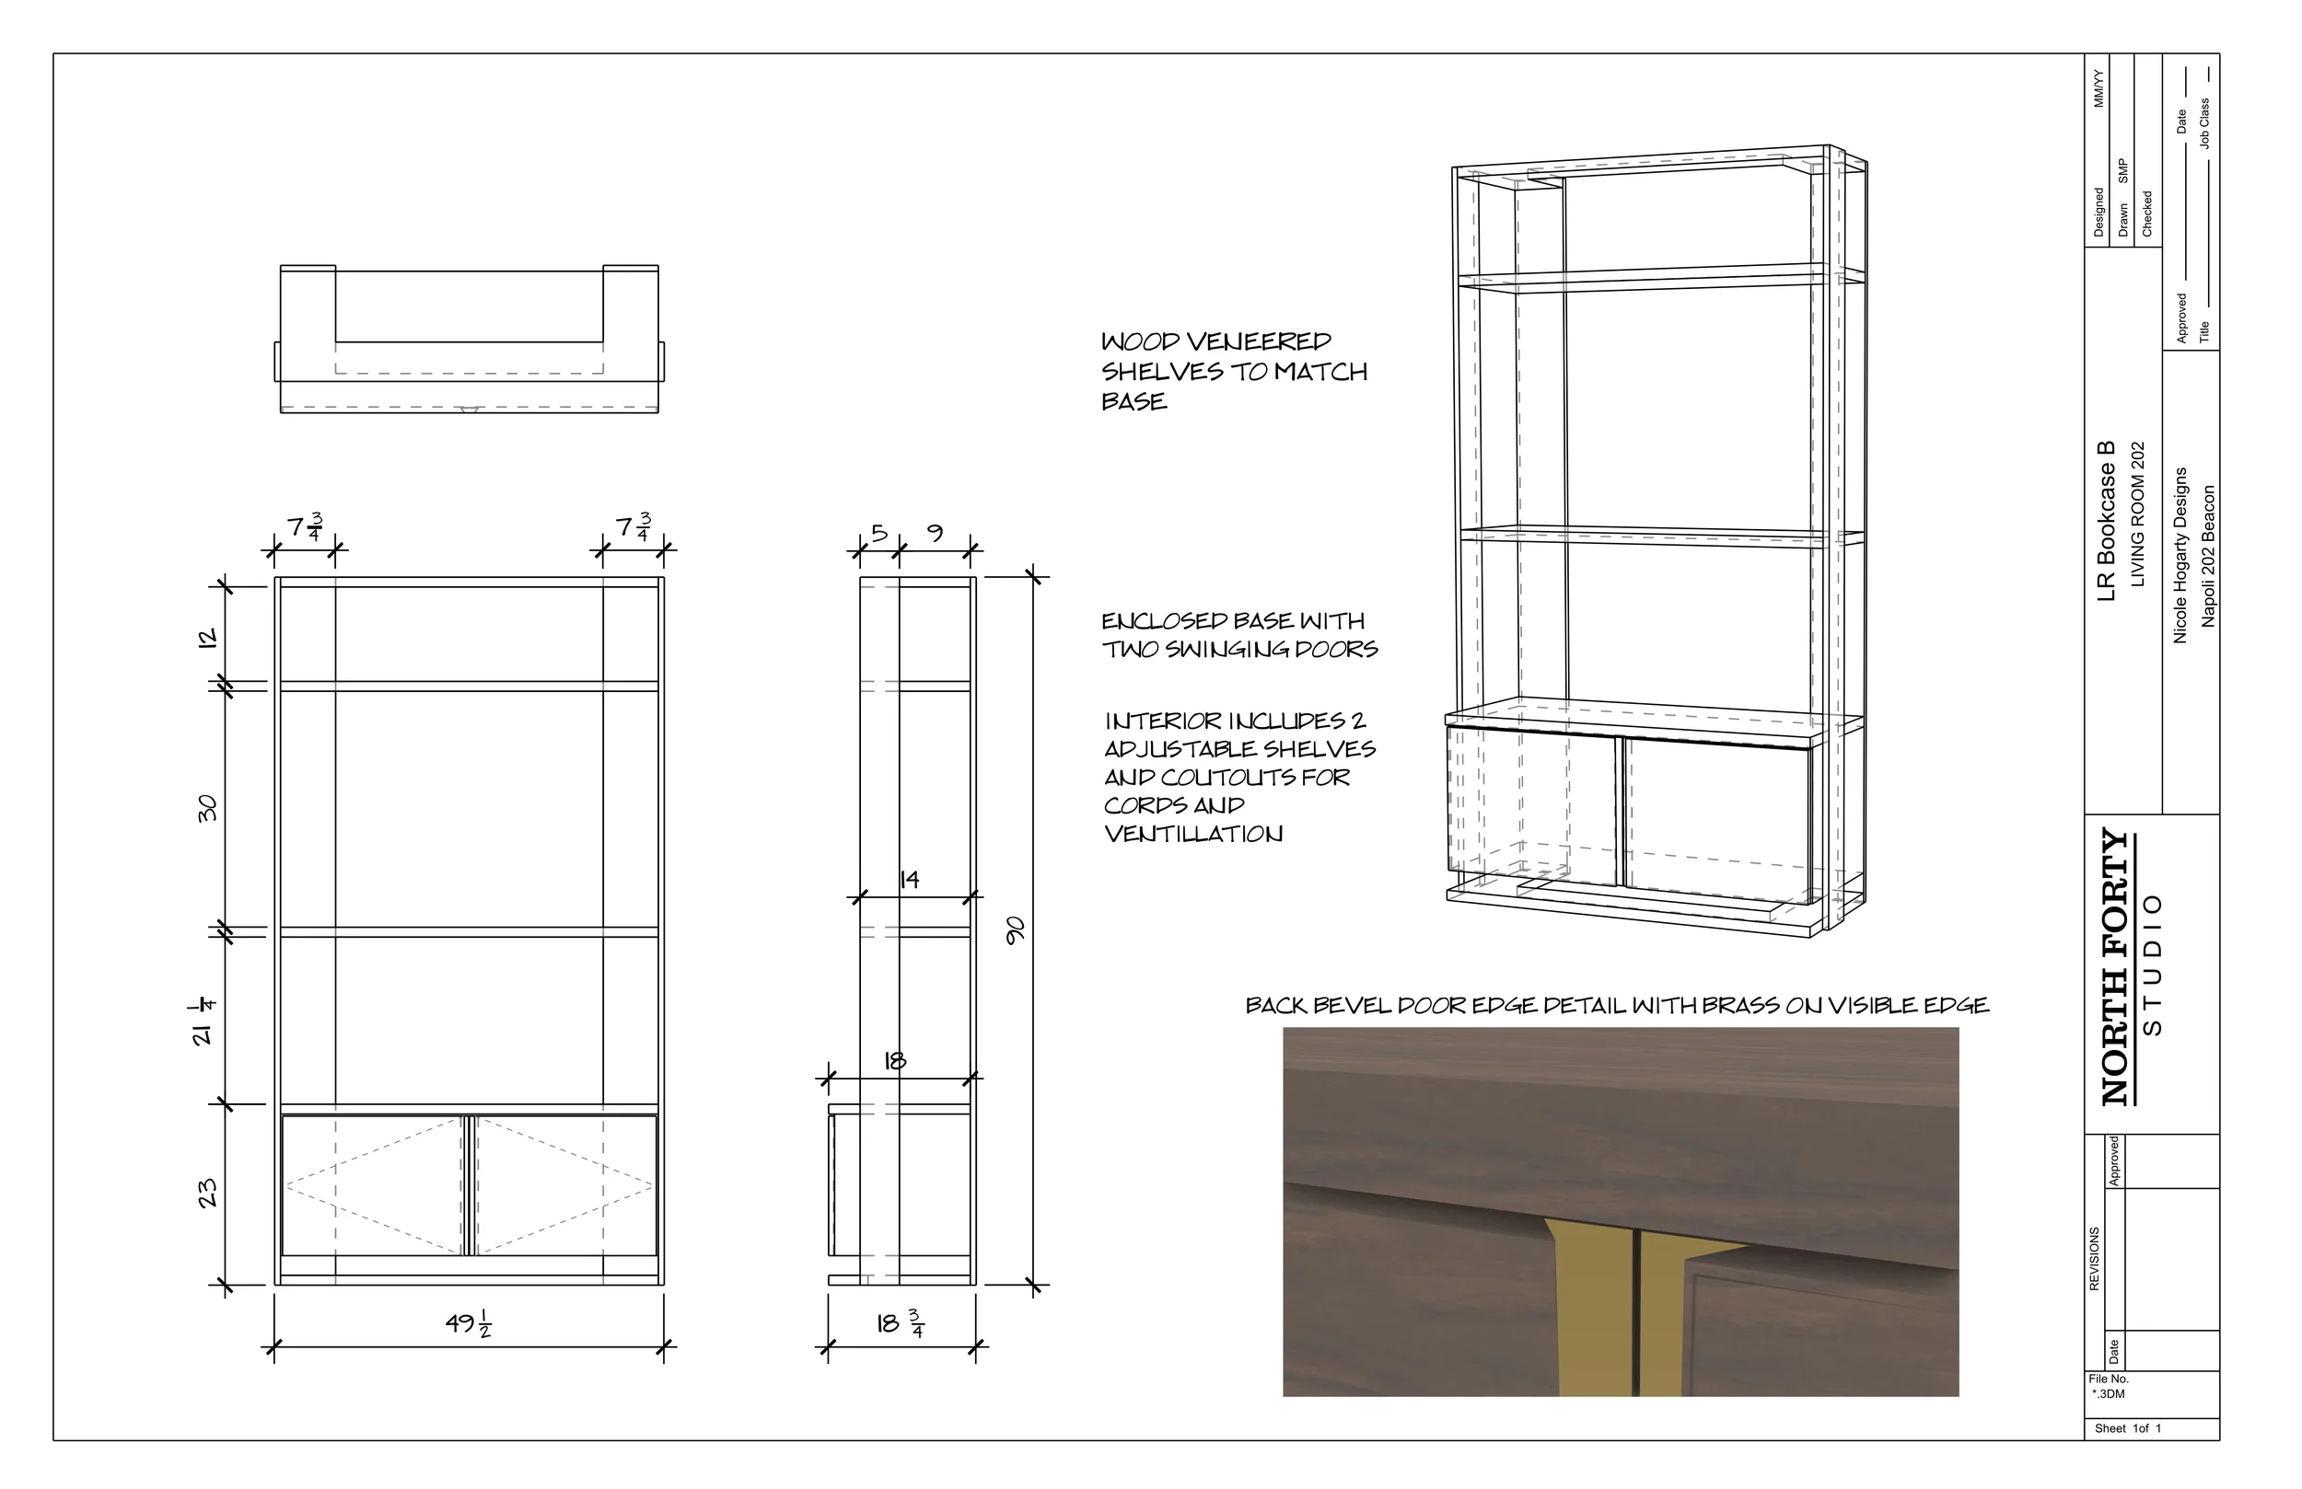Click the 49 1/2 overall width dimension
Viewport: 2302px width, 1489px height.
(x=469, y=1322)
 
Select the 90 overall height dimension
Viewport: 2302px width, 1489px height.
(x=1015, y=930)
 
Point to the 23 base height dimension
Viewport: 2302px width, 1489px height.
(x=207, y=1195)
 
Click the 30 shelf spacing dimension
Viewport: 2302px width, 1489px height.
(x=207, y=808)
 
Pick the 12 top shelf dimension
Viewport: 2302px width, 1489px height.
(x=207, y=638)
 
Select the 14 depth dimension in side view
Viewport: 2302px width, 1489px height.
(x=909, y=880)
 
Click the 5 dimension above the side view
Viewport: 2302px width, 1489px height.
(x=878, y=533)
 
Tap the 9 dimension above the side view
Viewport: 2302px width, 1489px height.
(x=935, y=533)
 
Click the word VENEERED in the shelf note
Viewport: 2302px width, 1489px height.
(x=1259, y=342)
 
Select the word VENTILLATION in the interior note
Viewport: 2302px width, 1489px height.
(x=1193, y=835)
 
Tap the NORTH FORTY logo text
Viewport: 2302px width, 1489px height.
(x=2116, y=967)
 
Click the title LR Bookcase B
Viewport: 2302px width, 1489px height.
(x=2107, y=522)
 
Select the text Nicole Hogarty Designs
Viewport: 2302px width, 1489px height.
(x=2180, y=555)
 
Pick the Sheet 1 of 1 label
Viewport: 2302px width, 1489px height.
(x=2128, y=1429)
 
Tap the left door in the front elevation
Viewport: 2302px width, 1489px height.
(x=372, y=1185)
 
